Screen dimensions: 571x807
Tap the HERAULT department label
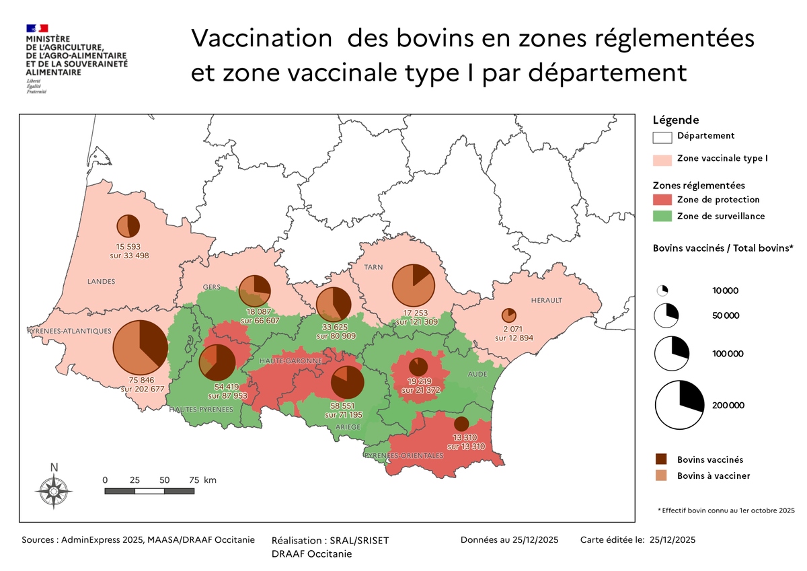(546, 300)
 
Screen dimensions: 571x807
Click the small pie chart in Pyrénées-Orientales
(461, 424)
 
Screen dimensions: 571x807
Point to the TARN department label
(373, 267)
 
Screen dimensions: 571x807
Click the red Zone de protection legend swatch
(662, 200)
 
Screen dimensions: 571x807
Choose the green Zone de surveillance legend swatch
(662, 216)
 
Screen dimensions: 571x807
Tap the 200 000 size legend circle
(680, 405)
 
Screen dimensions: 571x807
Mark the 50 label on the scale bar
(164, 480)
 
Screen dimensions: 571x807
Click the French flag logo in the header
(37, 28)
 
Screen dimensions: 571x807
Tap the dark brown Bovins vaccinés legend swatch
(662, 459)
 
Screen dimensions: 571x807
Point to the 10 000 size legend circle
(662, 291)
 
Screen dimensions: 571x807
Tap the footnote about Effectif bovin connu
(726, 510)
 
